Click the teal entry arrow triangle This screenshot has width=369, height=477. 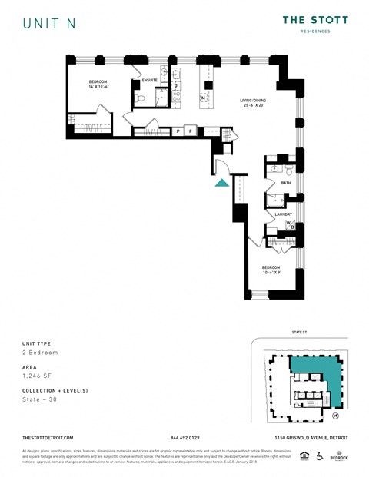click(221, 183)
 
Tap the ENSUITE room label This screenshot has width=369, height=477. click(150, 80)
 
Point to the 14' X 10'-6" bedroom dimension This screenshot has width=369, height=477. click(98, 87)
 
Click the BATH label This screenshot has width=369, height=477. click(286, 183)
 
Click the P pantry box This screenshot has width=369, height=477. click(178, 131)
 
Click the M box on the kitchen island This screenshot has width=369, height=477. click(203, 98)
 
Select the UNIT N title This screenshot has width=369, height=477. click(48, 23)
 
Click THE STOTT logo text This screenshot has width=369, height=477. click(315, 20)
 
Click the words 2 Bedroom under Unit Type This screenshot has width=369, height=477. click(41, 352)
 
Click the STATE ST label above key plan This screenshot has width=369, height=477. click(300, 333)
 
